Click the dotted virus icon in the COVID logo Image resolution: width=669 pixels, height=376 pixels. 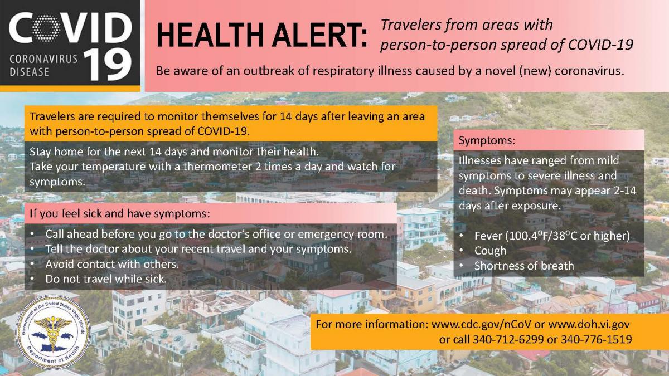tap(46, 28)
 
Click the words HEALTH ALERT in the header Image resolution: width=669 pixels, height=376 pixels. tap(261, 35)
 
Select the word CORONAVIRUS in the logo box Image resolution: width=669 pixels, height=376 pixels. tap(43, 59)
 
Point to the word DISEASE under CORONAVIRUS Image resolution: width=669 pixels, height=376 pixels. tap(29, 72)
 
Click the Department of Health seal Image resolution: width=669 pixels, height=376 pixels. tap(53, 332)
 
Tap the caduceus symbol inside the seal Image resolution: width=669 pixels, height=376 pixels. tap(53, 332)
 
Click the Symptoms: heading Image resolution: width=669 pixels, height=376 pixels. tap(487, 140)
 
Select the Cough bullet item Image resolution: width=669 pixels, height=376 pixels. tap(491, 251)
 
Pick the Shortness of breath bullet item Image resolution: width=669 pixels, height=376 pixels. tap(524, 266)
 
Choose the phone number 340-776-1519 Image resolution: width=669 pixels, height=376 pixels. tap(597, 339)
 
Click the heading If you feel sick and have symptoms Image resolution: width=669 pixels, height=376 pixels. tap(119, 214)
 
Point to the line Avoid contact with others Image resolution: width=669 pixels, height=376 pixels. tap(112, 264)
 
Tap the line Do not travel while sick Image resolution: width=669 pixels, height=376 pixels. tap(106, 279)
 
